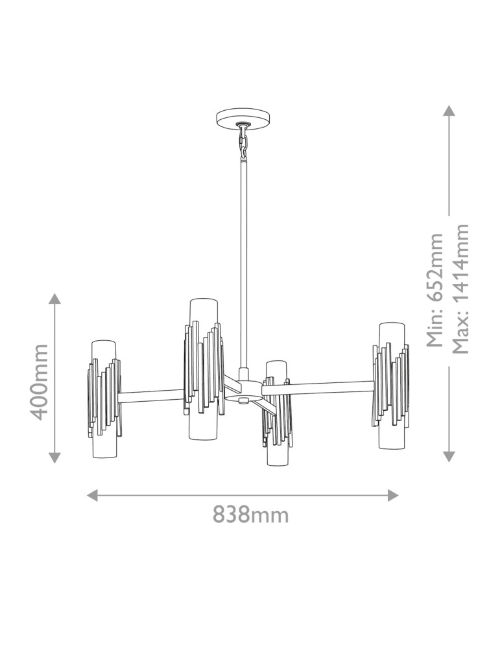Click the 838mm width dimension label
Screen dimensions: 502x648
[x=250, y=515]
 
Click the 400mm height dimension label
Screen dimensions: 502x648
[x=40, y=382]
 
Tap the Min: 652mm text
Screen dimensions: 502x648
[x=435, y=290]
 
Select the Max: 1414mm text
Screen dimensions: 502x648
[x=460, y=289]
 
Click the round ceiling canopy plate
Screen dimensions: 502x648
[x=243, y=118]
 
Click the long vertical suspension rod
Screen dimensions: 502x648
[x=244, y=263]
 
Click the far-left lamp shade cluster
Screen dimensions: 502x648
[x=104, y=399]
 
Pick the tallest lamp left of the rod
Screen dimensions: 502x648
[x=204, y=369]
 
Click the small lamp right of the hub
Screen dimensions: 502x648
[x=277, y=413]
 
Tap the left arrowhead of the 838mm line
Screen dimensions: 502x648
[x=92, y=495]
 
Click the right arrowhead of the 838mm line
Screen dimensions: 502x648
[x=393, y=495]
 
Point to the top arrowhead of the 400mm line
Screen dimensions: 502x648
[x=54, y=298]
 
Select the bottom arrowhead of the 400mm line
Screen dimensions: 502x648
[x=54, y=457]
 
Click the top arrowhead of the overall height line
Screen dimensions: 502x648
[x=449, y=111]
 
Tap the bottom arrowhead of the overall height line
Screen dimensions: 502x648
[x=449, y=456]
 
